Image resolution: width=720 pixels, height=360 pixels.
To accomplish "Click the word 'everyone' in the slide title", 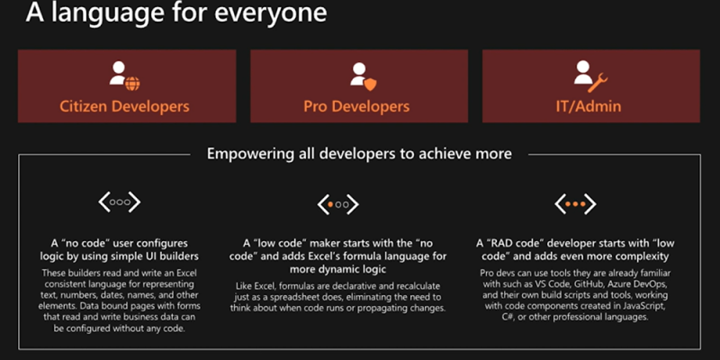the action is click(x=271, y=13).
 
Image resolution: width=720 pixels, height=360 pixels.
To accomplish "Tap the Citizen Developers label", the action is click(x=124, y=106).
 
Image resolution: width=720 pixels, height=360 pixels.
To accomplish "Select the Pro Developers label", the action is click(x=356, y=106).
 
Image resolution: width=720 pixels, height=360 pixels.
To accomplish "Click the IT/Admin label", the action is click(x=589, y=106).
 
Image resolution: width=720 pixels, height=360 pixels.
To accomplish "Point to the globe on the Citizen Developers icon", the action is click(x=132, y=84).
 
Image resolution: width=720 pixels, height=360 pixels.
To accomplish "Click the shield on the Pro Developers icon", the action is click(x=370, y=84).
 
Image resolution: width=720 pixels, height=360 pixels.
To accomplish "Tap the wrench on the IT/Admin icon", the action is click(x=598, y=83).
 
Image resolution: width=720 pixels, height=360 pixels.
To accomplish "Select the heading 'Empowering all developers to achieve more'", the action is click(x=359, y=153).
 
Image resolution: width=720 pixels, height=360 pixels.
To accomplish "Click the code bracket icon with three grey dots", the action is click(x=120, y=202).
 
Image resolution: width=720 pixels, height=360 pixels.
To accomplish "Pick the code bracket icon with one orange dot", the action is click(x=338, y=205).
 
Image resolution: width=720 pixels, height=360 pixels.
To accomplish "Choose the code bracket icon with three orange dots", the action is click(x=575, y=204).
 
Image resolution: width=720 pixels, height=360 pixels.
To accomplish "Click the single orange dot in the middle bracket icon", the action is click(x=330, y=205).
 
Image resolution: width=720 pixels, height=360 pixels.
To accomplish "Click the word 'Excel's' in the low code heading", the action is click(x=319, y=256).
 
